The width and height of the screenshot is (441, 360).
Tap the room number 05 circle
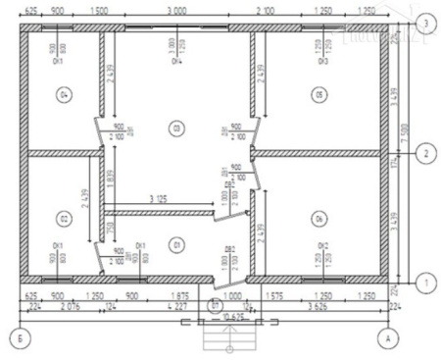pyautogui.click(x=318, y=95)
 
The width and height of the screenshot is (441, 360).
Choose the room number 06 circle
pyautogui.click(x=318, y=217)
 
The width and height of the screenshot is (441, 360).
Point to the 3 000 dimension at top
pyautogui.click(x=177, y=9)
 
